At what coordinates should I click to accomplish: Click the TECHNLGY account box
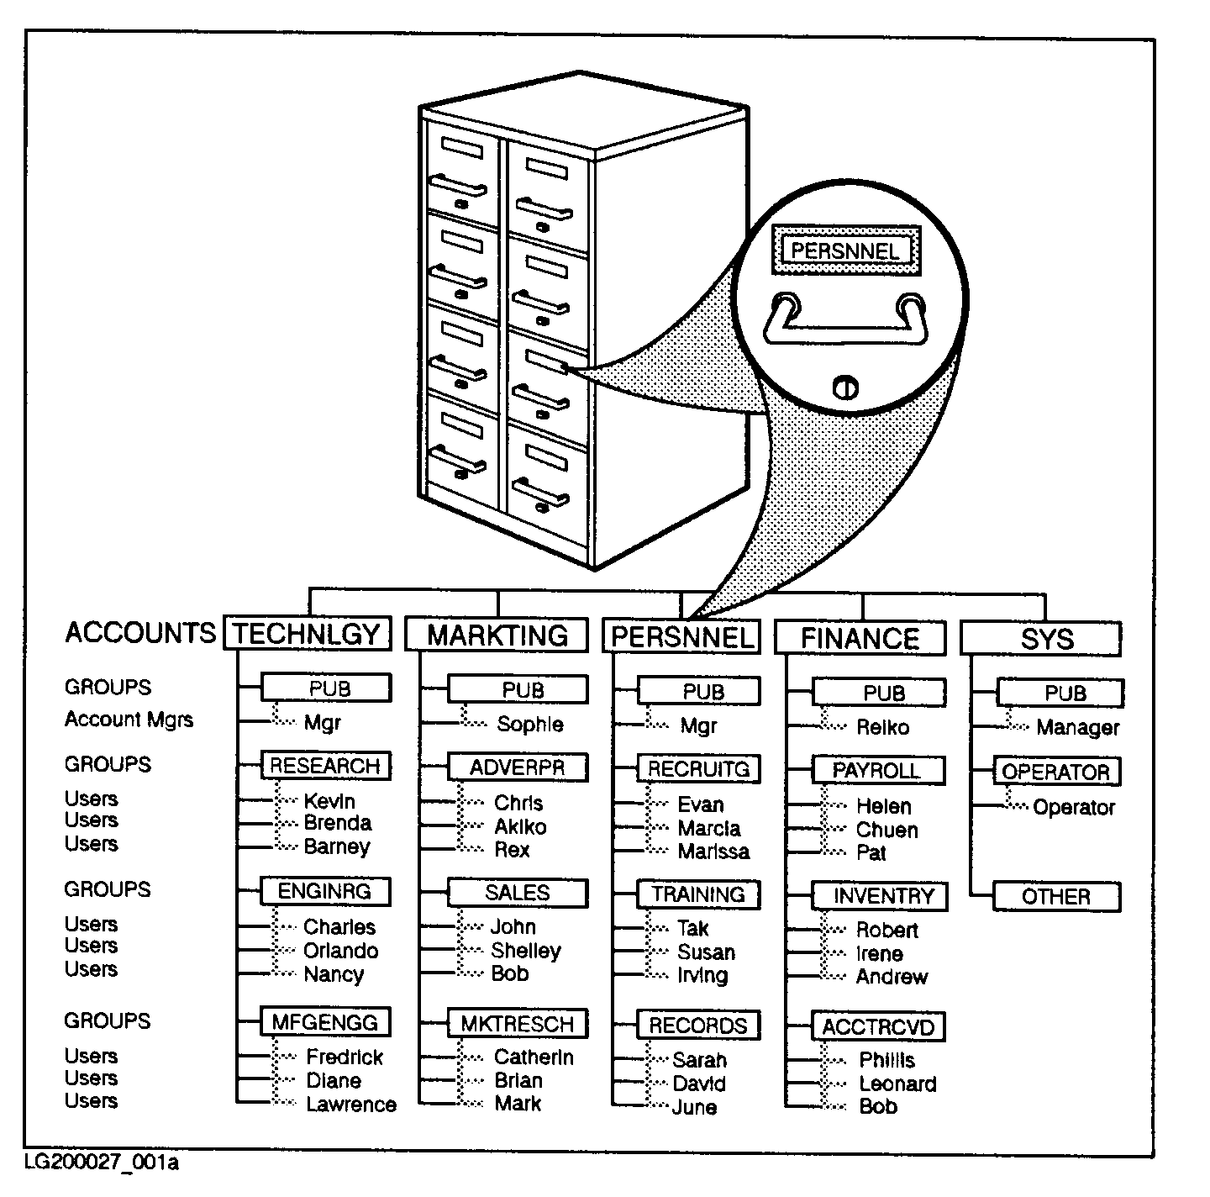click(x=308, y=633)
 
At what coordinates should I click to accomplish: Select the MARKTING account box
click(x=497, y=635)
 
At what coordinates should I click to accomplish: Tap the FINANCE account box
click(x=860, y=638)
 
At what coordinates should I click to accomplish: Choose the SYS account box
click(x=1040, y=639)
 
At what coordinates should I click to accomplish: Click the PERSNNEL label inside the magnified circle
click(x=845, y=250)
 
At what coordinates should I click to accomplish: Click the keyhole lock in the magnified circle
click(x=845, y=388)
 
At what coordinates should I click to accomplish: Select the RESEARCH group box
click(x=325, y=766)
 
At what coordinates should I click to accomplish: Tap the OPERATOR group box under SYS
click(x=1056, y=772)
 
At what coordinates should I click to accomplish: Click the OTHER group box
click(x=1056, y=896)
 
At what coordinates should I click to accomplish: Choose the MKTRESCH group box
click(x=517, y=1024)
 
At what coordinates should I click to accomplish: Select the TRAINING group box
click(x=698, y=894)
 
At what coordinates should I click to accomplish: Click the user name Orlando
click(x=340, y=951)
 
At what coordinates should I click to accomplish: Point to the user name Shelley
click(x=525, y=950)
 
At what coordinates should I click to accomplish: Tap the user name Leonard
click(x=897, y=1084)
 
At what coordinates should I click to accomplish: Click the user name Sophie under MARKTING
click(x=529, y=724)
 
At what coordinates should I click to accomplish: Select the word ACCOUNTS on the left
click(x=140, y=632)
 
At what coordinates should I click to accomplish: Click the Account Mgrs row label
click(x=129, y=720)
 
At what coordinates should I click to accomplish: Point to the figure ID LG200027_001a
click(x=102, y=1163)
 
